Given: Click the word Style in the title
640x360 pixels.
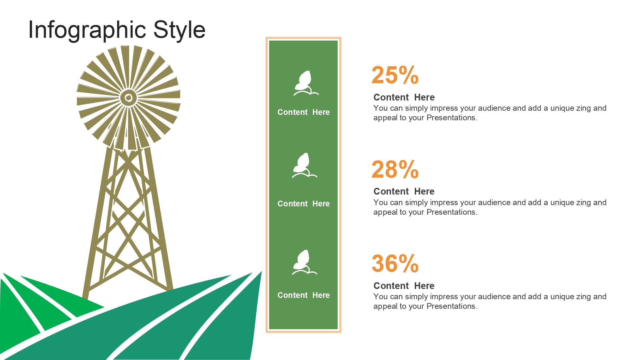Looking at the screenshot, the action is click(179, 29).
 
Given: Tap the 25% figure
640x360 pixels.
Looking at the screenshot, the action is click(395, 75).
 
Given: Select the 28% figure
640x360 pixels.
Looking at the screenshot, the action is click(395, 169).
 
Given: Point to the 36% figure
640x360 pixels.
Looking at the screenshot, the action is click(395, 263).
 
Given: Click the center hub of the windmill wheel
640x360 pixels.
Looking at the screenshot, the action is click(129, 98).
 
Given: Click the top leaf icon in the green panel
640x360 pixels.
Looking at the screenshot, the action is click(306, 83).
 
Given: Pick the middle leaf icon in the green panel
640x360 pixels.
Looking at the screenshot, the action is click(304, 165).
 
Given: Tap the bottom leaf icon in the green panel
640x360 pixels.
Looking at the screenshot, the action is click(304, 262).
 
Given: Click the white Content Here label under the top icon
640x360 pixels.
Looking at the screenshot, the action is click(303, 112).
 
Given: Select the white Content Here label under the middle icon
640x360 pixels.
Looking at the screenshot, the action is click(303, 204).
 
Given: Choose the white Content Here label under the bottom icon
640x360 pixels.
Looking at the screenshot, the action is click(303, 295).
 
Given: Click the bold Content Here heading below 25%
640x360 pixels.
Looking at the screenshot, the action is click(404, 97).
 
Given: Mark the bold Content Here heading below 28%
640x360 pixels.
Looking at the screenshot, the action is click(404, 191).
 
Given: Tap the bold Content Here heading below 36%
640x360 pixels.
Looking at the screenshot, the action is click(404, 286).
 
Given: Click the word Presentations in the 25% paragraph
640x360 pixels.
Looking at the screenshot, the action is click(452, 118).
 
